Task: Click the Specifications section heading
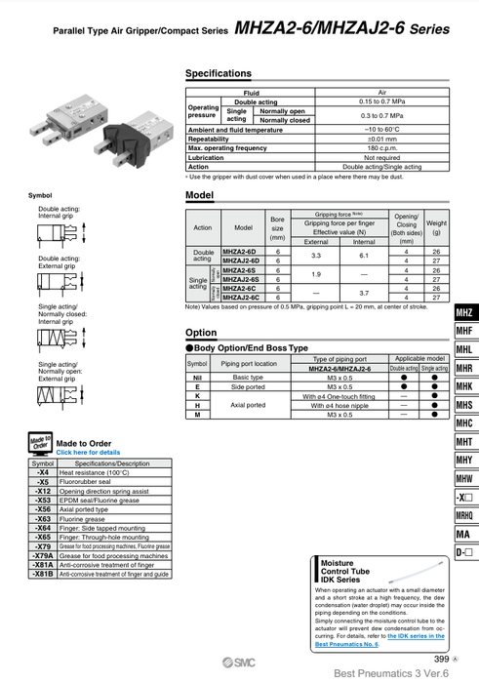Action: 218,74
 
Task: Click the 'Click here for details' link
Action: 88,453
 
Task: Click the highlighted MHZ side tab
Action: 463,313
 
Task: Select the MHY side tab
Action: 463,461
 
